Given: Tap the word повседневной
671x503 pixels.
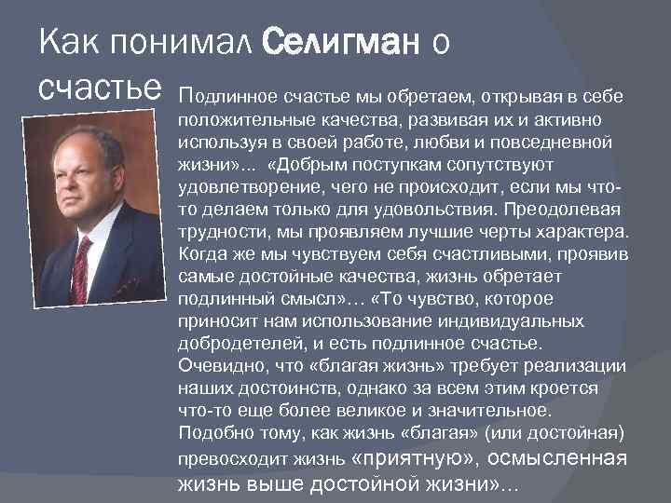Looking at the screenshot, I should (x=557, y=143).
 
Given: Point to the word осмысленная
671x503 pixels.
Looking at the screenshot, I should (x=555, y=457).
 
